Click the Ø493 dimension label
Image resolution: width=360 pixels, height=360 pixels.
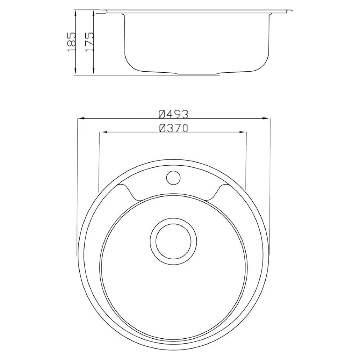click(174, 114)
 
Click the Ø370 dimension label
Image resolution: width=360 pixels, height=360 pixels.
click(174, 128)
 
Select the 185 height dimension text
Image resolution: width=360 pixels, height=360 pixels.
click(71, 41)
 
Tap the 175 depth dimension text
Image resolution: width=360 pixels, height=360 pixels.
click(89, 41)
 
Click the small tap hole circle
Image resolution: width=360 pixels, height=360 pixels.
click(174, 178)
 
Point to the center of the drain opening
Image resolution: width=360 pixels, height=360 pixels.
click(174, 241)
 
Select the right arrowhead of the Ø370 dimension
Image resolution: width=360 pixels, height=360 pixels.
click(242, 132)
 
